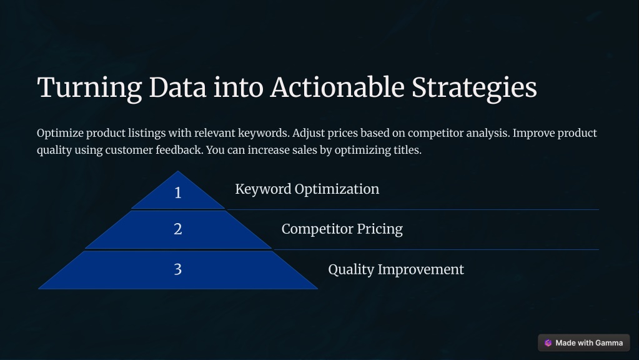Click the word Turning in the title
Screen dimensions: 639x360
(x=89, y=87)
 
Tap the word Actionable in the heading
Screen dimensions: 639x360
(x=337, y=87)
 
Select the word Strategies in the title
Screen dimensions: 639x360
(x=474, y=88)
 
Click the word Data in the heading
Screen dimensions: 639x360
(x=177, y=87)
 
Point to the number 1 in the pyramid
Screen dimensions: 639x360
(x=177, y=192)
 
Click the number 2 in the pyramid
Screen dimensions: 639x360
(x=177, y=229)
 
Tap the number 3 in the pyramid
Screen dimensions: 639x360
(x=177, y=269)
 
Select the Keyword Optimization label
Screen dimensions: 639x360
(x=307, y=189)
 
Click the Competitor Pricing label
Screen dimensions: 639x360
(x=342, y=229)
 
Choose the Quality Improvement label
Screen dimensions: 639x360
(x=396, y=269)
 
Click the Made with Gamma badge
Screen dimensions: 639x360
(x=583, y=343)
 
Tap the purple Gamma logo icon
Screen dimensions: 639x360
(x=548, y=343)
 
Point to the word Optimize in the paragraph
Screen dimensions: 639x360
(x=61, y=133)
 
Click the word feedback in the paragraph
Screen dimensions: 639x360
(x=179, y=150)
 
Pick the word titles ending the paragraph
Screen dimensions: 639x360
(x=407, y=150)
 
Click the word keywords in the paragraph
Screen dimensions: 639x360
(x=264, y=133)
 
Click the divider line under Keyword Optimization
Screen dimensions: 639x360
(x=413, y=210)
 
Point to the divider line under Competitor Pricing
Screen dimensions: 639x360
(x=437, y=250)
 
